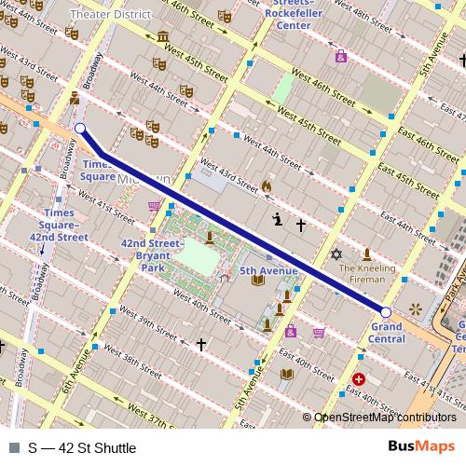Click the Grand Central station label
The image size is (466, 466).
pos(387,333)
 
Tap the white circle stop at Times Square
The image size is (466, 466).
pos(79,129)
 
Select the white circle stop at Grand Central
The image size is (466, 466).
pos(386,310)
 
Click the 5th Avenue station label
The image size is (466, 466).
pos(268,271)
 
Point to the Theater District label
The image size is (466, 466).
pos(111,15)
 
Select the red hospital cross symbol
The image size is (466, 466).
pos(360,379)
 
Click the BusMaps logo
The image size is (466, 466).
pos(420,447)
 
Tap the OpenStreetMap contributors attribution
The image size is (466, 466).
pos(385,418)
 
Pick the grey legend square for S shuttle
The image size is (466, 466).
pos(13,448)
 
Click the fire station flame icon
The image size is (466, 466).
pos(266,186)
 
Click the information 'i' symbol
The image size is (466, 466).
pos(277,220)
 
